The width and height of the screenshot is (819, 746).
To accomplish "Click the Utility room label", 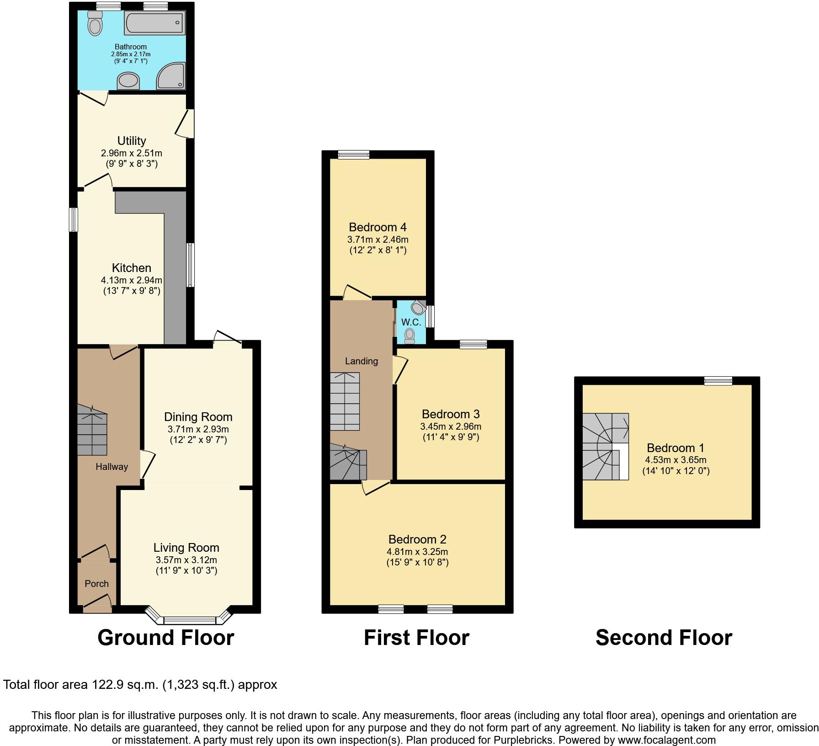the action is point(132,141).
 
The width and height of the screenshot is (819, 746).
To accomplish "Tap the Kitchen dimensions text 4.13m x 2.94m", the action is point(132,280).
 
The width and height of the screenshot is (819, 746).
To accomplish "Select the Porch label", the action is point(97,584).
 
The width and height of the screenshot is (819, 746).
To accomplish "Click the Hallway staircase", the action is point(92,430).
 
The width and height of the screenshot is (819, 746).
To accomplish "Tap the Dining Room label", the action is point(198,417).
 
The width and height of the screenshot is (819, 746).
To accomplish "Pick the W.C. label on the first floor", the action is point(411,322).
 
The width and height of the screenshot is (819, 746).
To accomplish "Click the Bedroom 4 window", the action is point(354,155).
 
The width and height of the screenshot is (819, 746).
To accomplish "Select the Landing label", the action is point(362,361).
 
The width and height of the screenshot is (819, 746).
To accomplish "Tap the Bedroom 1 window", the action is point(718,380).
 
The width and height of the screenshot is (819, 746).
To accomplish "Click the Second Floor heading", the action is point(664,638).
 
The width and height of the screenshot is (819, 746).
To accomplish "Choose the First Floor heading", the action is point(416,638).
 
